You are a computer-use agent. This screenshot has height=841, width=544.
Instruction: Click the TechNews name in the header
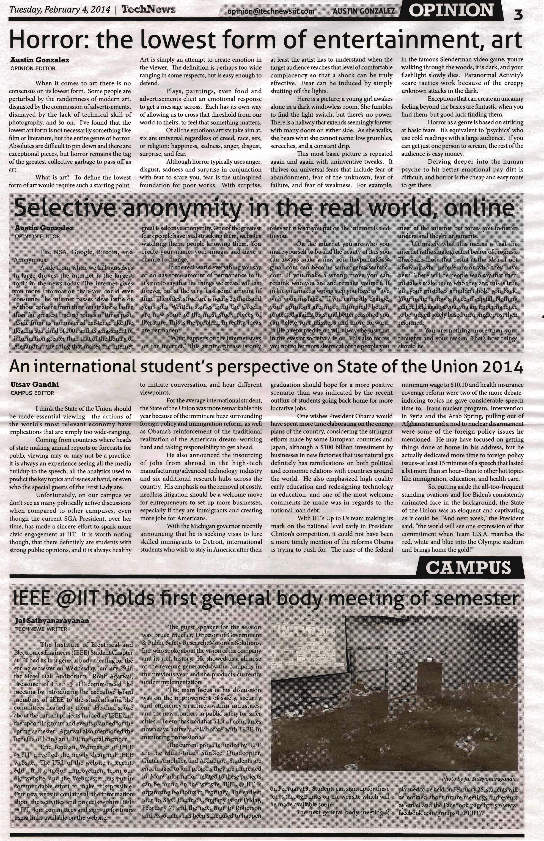pos(148,9)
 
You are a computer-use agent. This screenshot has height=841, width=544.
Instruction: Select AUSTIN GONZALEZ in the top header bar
pos(364,11)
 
